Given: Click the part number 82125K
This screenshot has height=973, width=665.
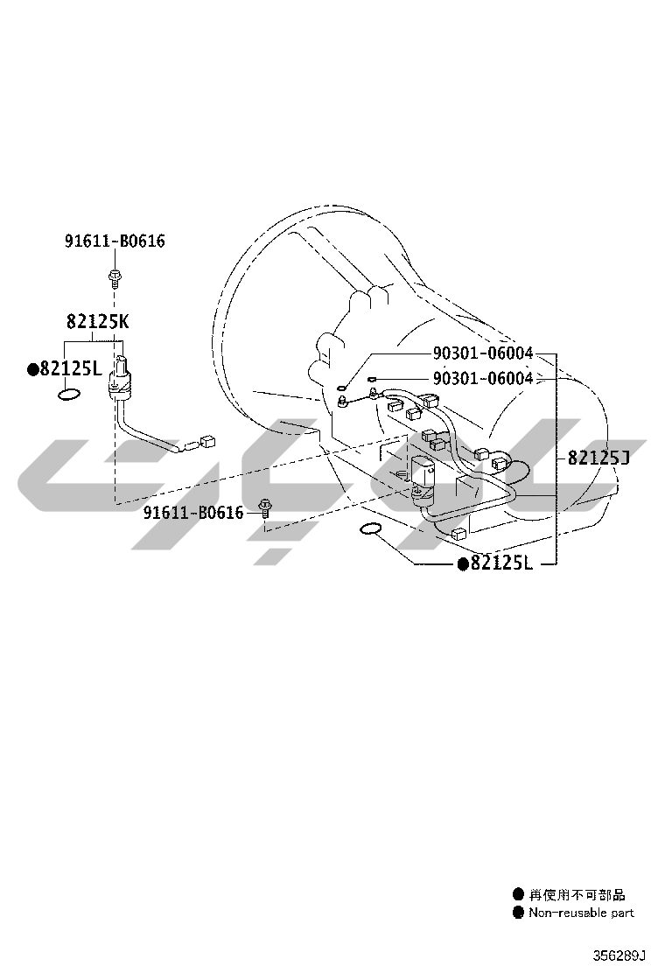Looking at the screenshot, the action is click(x=98, y=321).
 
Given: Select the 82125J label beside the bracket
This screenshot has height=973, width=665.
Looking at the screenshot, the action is click(x=598, y=458).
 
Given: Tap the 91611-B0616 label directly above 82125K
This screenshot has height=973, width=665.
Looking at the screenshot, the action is click(x=115, y=241).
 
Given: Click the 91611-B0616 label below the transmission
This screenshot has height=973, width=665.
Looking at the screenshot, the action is click(x=193, y=513).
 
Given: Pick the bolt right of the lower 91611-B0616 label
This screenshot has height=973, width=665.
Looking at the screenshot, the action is click(x=265, y=509).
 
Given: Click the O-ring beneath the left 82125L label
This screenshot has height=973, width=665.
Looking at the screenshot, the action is click(x=69, y=395).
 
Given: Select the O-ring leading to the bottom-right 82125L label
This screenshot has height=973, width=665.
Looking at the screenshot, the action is click(x=370, y=528).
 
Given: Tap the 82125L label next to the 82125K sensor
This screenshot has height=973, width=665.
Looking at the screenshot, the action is click(x=70, y=369).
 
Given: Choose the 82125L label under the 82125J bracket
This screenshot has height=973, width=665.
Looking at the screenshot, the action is click(x=501, y=563).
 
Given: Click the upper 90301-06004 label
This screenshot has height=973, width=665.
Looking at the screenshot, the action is click(x=483, y=353).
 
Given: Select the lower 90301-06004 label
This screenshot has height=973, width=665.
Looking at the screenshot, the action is click(x=483, y=378).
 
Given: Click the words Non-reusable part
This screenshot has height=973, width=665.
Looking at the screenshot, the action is click(x=581, y=913).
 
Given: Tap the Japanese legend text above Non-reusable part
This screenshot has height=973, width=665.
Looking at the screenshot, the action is click(x=577, y=895).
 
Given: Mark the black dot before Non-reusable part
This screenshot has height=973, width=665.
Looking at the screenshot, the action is click(x=518, y=913).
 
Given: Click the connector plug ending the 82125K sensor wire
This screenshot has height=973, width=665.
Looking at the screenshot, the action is click(x=208, y=441).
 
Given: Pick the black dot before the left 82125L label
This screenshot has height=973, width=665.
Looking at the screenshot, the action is click(x=33, y=370).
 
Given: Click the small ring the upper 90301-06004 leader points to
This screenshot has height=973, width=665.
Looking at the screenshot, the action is click(x=340, y=389).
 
